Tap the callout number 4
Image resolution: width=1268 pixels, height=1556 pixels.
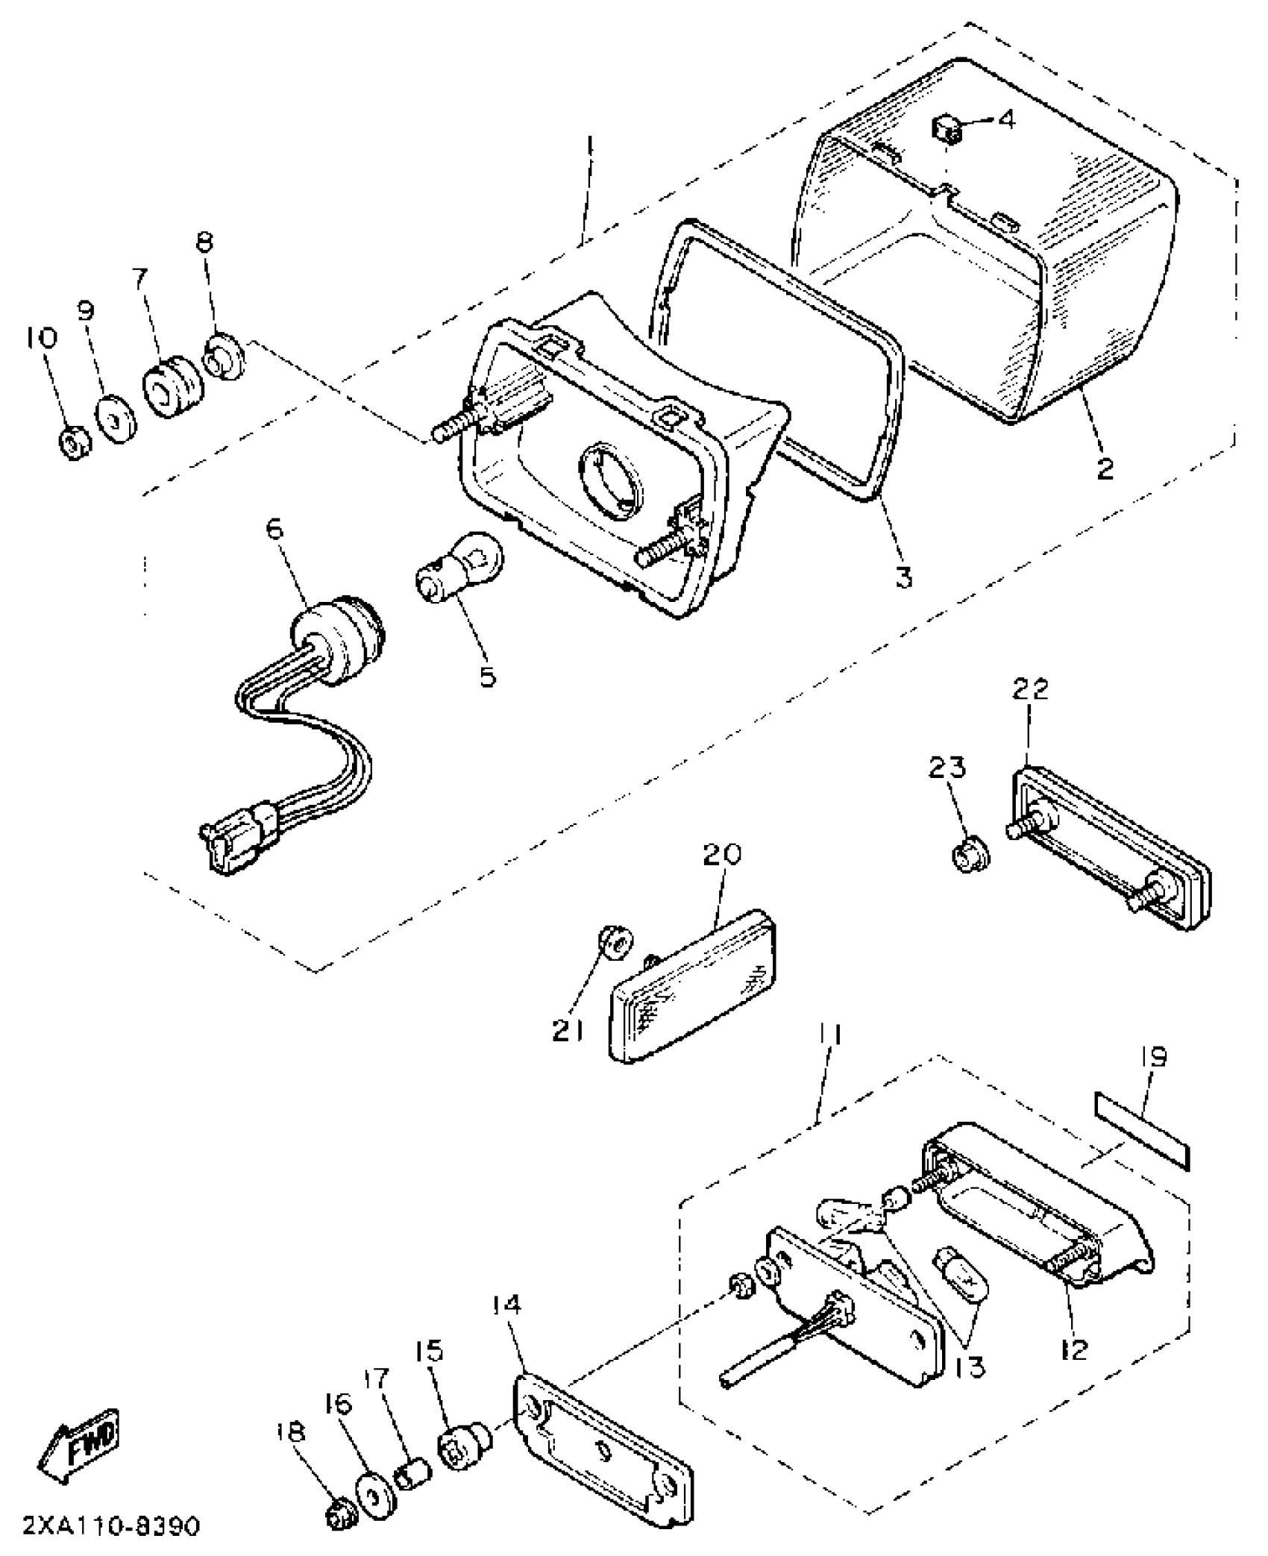coord(1006,119)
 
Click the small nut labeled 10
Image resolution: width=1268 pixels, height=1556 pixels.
coord(74,443)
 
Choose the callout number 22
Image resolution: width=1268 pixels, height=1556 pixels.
coord(1030,688)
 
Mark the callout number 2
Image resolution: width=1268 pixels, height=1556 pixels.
coord(1104,468)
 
